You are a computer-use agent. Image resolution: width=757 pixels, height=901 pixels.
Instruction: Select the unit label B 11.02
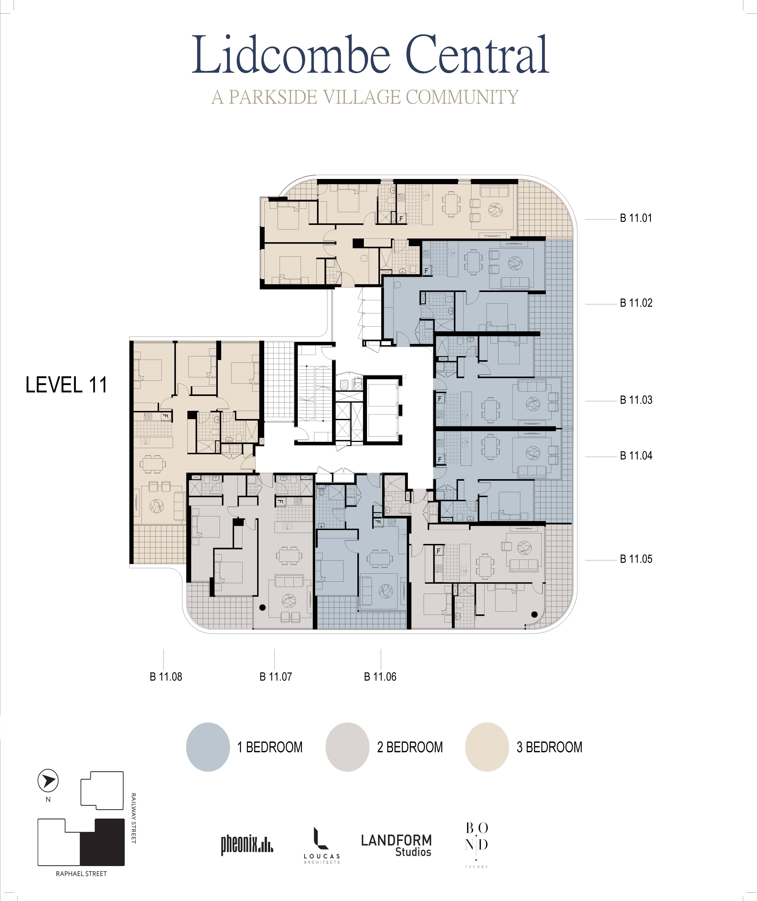pos(636,303)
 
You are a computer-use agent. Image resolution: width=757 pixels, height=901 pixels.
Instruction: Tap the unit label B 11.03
pos(636,400)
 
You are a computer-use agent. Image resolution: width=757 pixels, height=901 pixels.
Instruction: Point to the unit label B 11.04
pos(636,456)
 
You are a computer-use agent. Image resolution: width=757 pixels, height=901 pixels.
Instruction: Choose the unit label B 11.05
pos(636,559)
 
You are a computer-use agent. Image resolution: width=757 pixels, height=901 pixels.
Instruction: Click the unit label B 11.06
pos(380,677)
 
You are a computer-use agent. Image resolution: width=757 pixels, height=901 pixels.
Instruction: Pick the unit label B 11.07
pos(276,677)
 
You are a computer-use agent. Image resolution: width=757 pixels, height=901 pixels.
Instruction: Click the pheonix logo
pos(247,845)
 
